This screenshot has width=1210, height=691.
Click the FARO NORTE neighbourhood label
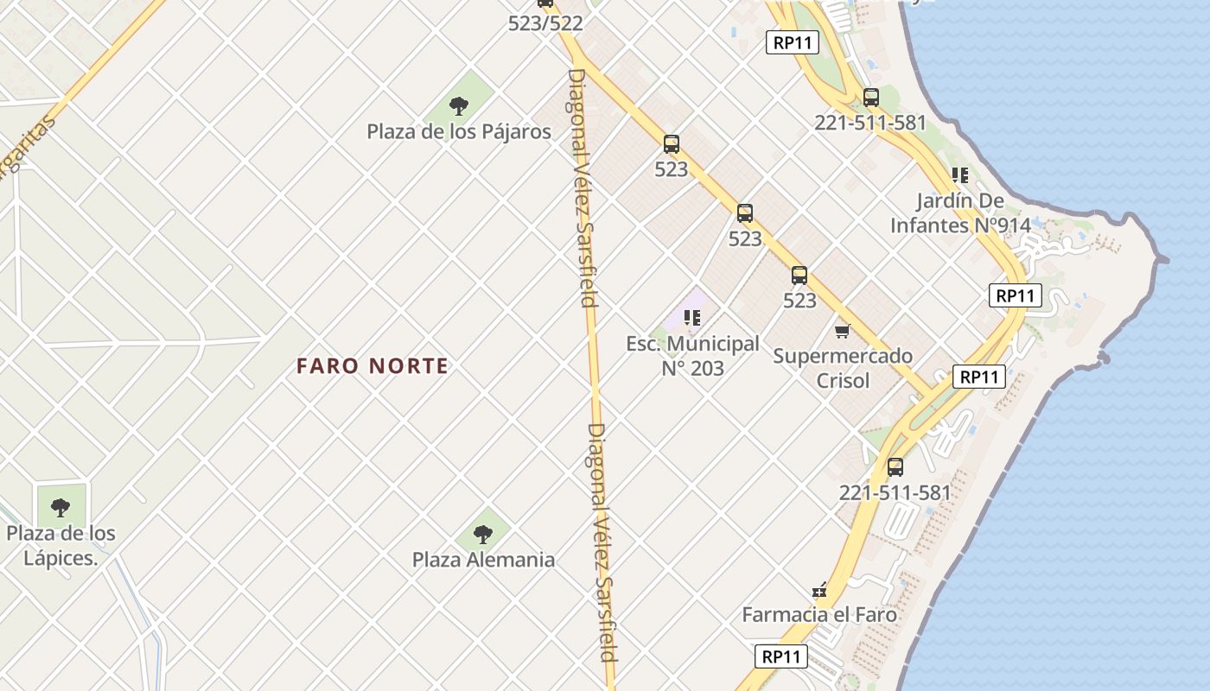[373, 366]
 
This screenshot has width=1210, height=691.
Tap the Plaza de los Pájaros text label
[459, 132]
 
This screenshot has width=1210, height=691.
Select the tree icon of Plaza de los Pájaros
[459, 106]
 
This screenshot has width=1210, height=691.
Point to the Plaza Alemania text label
[483, 560]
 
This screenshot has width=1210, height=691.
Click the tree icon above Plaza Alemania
[483, 535]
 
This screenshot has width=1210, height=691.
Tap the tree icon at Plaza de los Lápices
[60, 508]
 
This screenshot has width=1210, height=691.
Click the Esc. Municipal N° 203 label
[692, 356]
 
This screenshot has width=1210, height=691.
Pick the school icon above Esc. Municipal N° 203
[691, 318]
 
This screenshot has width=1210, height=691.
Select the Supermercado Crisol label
[843, 368]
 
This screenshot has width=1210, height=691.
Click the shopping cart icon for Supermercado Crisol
[843, 331]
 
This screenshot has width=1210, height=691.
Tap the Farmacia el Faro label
[819, 615]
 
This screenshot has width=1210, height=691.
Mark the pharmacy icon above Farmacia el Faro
[819, 591]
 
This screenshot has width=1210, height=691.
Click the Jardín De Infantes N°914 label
[960, 213]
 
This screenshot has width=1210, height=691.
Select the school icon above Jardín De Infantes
[959, 175]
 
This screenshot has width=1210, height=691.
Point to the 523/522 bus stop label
[545, 23]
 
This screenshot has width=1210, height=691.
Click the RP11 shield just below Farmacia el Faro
[781, 656]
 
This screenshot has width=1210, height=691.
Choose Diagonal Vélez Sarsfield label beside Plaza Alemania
[602, 542]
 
